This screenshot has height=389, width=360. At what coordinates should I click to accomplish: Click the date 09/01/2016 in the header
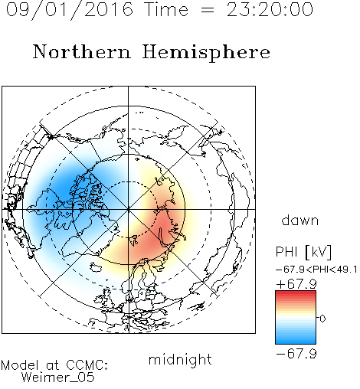click(70, 10)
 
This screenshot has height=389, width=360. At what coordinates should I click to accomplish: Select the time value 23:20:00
click(270, 9)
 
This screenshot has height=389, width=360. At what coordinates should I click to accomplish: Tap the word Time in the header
click(166, 9)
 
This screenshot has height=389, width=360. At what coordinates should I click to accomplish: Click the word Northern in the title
click(82, 51)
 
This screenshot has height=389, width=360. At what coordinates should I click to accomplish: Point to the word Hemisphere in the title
click(206, 53)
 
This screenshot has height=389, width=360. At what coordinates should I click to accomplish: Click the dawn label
click(300, 220)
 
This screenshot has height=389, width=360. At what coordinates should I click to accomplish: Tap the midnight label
click(180, 360)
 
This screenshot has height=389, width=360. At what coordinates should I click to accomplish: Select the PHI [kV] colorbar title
click(303, 252)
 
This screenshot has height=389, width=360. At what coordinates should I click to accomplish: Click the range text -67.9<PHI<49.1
click(316, 270)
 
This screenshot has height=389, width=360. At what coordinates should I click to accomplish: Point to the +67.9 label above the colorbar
click(296, 284)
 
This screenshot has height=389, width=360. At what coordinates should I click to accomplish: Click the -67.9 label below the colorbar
click(296, 354)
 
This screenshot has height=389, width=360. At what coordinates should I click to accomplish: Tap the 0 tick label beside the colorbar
click(322, 319)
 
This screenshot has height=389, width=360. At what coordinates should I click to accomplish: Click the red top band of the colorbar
click(296, 294)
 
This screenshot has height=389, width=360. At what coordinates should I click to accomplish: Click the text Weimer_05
click(58, 378)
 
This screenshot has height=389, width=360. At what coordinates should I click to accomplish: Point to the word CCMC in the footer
click(86, 365)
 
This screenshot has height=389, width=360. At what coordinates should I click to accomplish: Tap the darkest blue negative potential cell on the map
click(65, 190)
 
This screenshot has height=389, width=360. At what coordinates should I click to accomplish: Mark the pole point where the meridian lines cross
click(129, 209)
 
